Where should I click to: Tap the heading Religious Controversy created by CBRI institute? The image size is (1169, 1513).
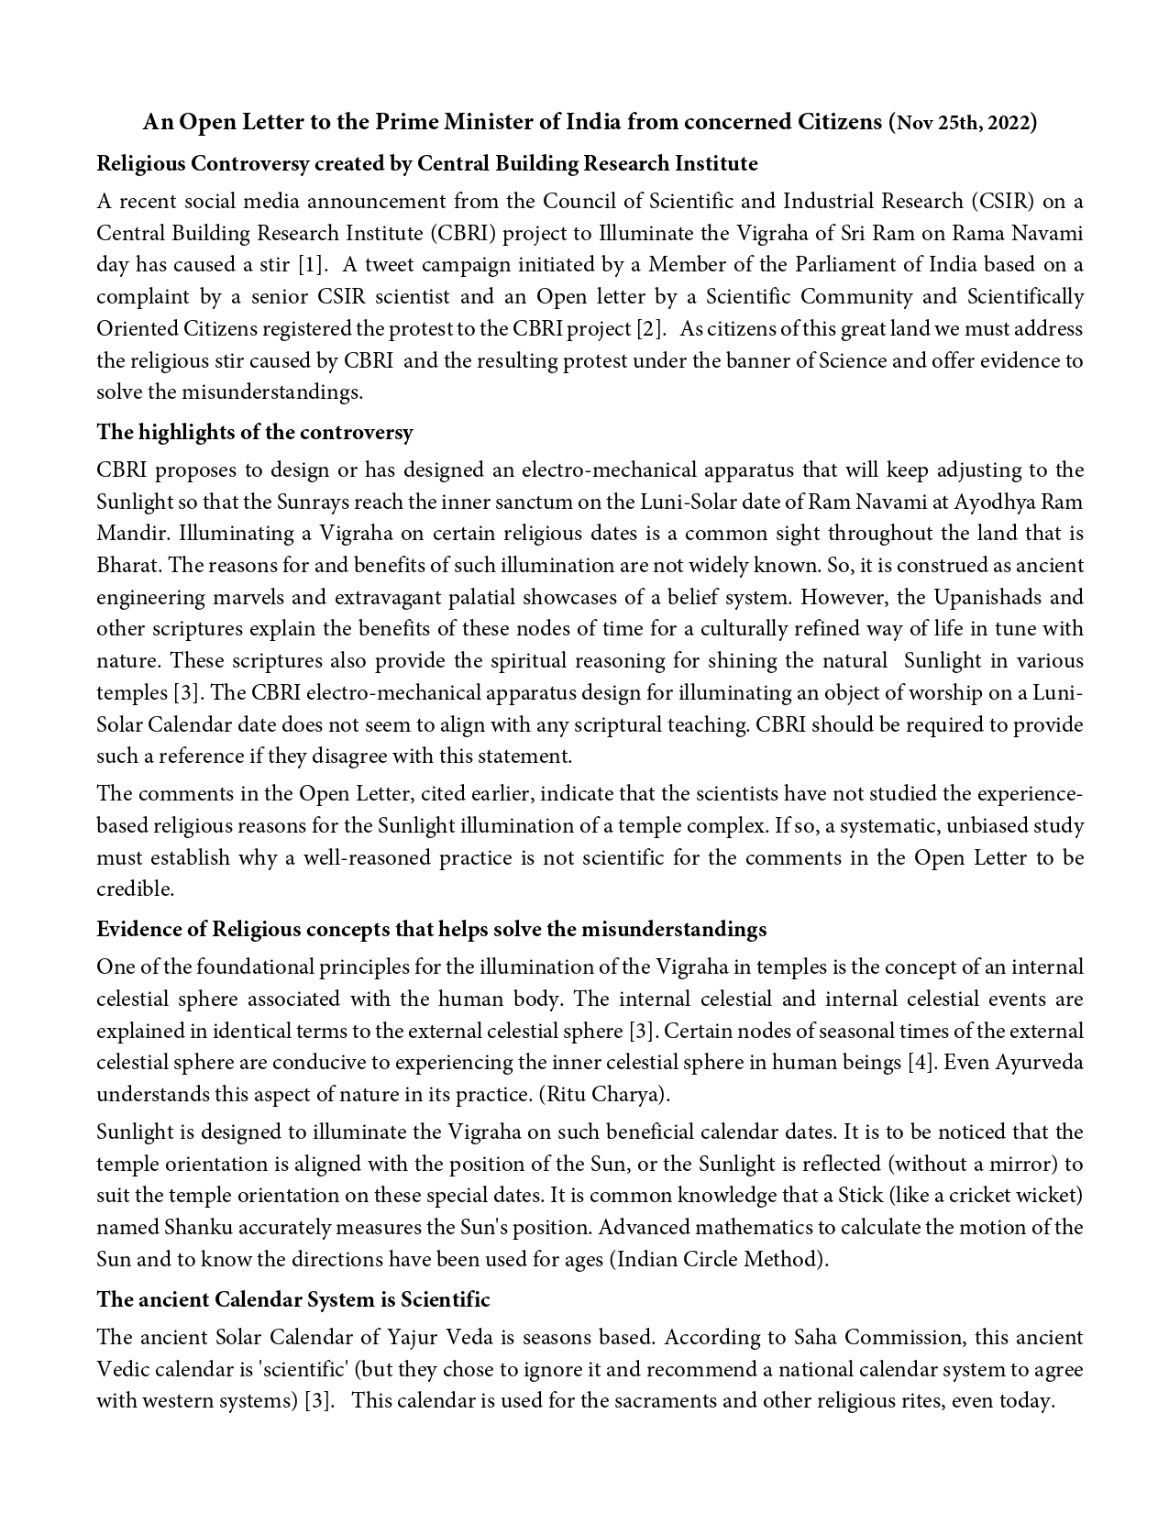point(427,164)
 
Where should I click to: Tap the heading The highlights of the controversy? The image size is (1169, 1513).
point(255,433)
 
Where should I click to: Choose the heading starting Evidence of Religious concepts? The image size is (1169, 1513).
point(431,930)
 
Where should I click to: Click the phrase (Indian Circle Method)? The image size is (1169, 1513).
point(719,1259)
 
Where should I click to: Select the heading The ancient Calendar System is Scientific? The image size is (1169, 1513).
point(293,1300)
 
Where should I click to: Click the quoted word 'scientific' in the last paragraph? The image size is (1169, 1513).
point(302,1370)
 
